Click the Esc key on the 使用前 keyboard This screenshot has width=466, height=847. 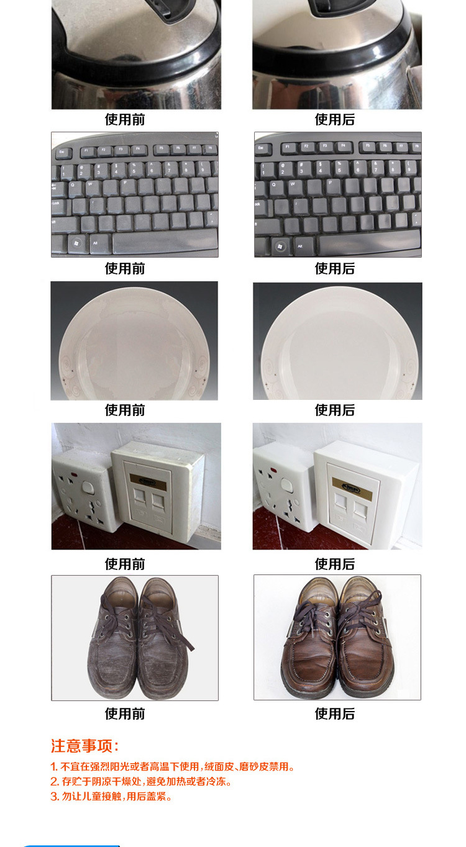(x=62, y=152)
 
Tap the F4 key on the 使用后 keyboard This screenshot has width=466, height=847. (x=343, y=146)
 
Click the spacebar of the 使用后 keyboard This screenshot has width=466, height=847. (x=369, y=243)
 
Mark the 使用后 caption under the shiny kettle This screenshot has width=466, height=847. (x=335, y=119)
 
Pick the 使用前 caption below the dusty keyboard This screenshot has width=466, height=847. (x=125, y=269)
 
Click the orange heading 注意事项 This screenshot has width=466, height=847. (x=85, y=746)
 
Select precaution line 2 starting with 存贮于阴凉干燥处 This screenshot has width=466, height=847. (x=141, y=781)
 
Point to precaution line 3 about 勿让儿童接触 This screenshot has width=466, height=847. (x=111, y=796)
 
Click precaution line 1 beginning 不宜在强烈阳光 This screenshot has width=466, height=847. (x=173, y=766)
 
